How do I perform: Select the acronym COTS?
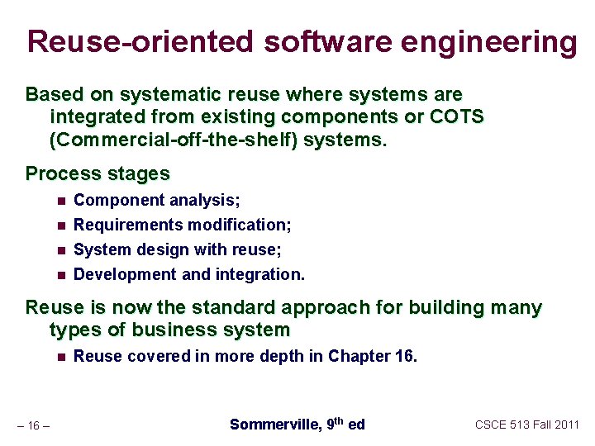457,116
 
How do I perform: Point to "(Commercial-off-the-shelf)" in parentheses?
174,140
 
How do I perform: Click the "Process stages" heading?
98,173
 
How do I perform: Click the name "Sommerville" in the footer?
275,425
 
